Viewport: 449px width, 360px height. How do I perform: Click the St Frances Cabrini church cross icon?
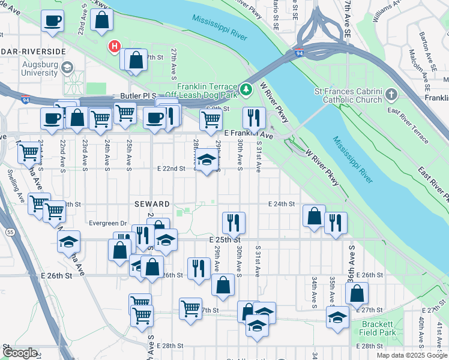[391, 95]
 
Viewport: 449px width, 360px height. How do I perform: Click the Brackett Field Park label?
[379, 328]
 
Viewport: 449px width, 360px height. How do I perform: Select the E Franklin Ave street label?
[248, 135]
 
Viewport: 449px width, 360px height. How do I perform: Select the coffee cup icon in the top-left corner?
[52, 21]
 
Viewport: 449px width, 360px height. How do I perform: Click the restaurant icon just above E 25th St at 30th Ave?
[234, 223]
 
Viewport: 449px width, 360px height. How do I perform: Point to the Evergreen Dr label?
[107, 223]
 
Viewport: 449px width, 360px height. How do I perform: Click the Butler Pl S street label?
[137, 95]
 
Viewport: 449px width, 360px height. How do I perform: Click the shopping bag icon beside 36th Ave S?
[357, 293]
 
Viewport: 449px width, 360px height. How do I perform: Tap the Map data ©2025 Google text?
[412, 355]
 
